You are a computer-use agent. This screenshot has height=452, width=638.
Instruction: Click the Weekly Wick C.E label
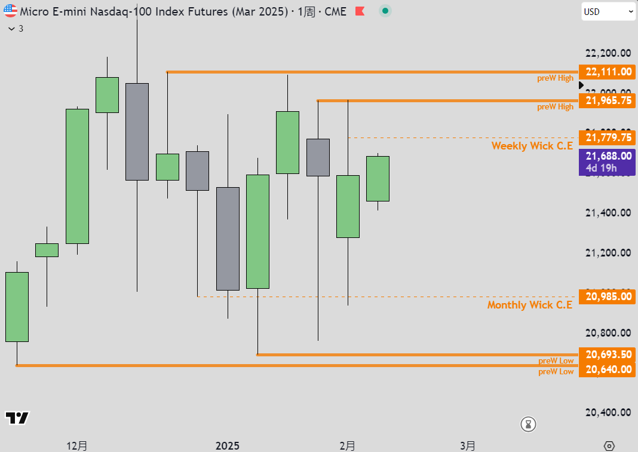pos(532,146)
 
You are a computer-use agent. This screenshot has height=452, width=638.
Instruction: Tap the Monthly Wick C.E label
pos(529,305)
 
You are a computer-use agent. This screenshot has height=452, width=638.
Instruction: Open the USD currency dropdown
pos(608,11)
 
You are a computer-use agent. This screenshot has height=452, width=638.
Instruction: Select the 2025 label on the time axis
pos(228,446)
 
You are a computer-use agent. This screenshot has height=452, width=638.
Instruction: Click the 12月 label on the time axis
pos(77,446)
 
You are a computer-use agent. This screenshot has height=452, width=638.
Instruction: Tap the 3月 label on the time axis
pos(468,446)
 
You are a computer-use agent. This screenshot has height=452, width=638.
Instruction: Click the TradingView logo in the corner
pos(17,418)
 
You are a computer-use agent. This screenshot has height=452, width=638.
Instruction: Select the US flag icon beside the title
pos(10,11)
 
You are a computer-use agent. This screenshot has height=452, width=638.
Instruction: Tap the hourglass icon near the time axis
pos(529,424)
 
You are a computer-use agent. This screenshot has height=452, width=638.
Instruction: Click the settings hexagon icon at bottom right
pos(609,446)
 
